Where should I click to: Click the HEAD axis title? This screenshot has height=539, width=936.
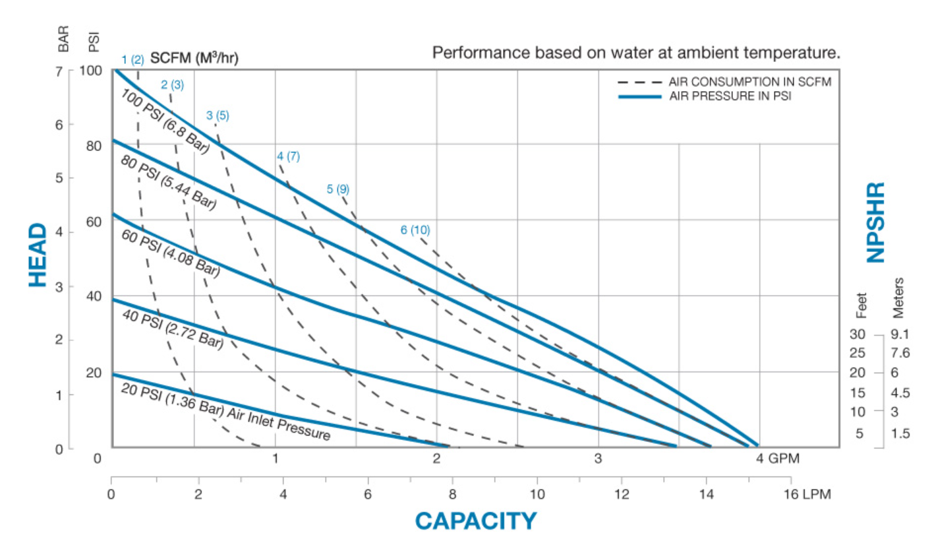(38, 255)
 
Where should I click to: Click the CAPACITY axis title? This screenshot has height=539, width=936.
(475, 521)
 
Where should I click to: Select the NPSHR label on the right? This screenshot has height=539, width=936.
(875, 222)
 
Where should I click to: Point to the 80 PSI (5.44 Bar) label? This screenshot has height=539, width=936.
(168, 181)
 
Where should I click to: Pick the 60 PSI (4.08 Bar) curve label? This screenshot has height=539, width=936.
(170, 251)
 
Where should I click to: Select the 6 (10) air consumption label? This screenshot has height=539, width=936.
(415, 230)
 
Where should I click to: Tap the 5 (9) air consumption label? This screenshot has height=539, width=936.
(338, 189)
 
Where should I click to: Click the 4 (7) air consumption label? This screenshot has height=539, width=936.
(288, 156)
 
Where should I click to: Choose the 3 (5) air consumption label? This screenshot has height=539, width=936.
(218, 115)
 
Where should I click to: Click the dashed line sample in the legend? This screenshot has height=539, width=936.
(639, 82)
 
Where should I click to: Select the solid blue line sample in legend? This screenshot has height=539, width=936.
(639, 96)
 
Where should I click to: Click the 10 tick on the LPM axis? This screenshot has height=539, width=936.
(537, 494)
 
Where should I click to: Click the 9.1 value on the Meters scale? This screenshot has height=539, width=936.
(900, 334)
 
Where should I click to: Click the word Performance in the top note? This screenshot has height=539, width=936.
(470, 53)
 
